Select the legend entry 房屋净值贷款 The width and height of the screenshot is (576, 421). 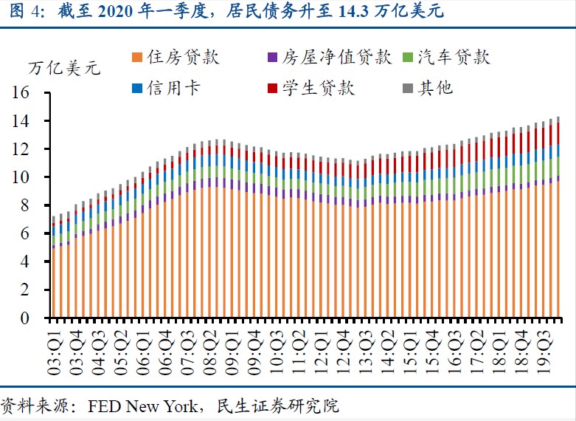[x=333, y=58]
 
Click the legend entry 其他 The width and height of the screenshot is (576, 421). [x=435, y=89]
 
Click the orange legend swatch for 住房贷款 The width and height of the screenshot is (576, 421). [x=137, y=58]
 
